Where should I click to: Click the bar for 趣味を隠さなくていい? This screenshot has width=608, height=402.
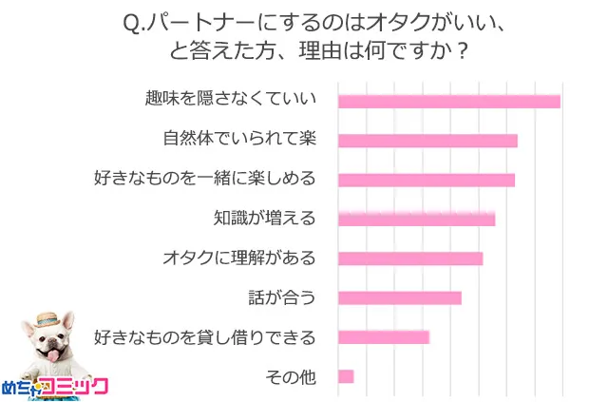pyautogui.click(x=448, y=102)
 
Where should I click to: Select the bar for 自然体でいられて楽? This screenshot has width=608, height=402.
pyautogui.click(x=427, y=141)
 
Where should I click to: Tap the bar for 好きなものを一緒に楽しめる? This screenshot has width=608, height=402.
pyautogui.click(x=426, y=180)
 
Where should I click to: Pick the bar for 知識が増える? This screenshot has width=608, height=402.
pyautogui.click(x=416, y=220)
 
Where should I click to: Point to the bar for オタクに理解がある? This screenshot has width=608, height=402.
pyautogui.click(x=409, y=258)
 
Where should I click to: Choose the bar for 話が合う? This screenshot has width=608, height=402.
pyautogui.click(x=399, y=297)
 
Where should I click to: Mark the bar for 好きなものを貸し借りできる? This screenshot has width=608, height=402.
pyautogui.click(x=383, y=336)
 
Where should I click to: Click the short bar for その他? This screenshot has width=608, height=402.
pyautogui.click(x=346, y=376)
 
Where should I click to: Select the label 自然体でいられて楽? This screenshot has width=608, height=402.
pyautogui.click(x=238, y=140)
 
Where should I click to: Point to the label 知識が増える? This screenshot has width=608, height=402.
pyautogui.click(x=264, y=219)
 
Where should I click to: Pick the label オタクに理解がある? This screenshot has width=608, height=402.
pyautogui.click(x=238, y=258)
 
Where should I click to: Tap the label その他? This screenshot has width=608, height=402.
pyautogui.click(x=290, y=376)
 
